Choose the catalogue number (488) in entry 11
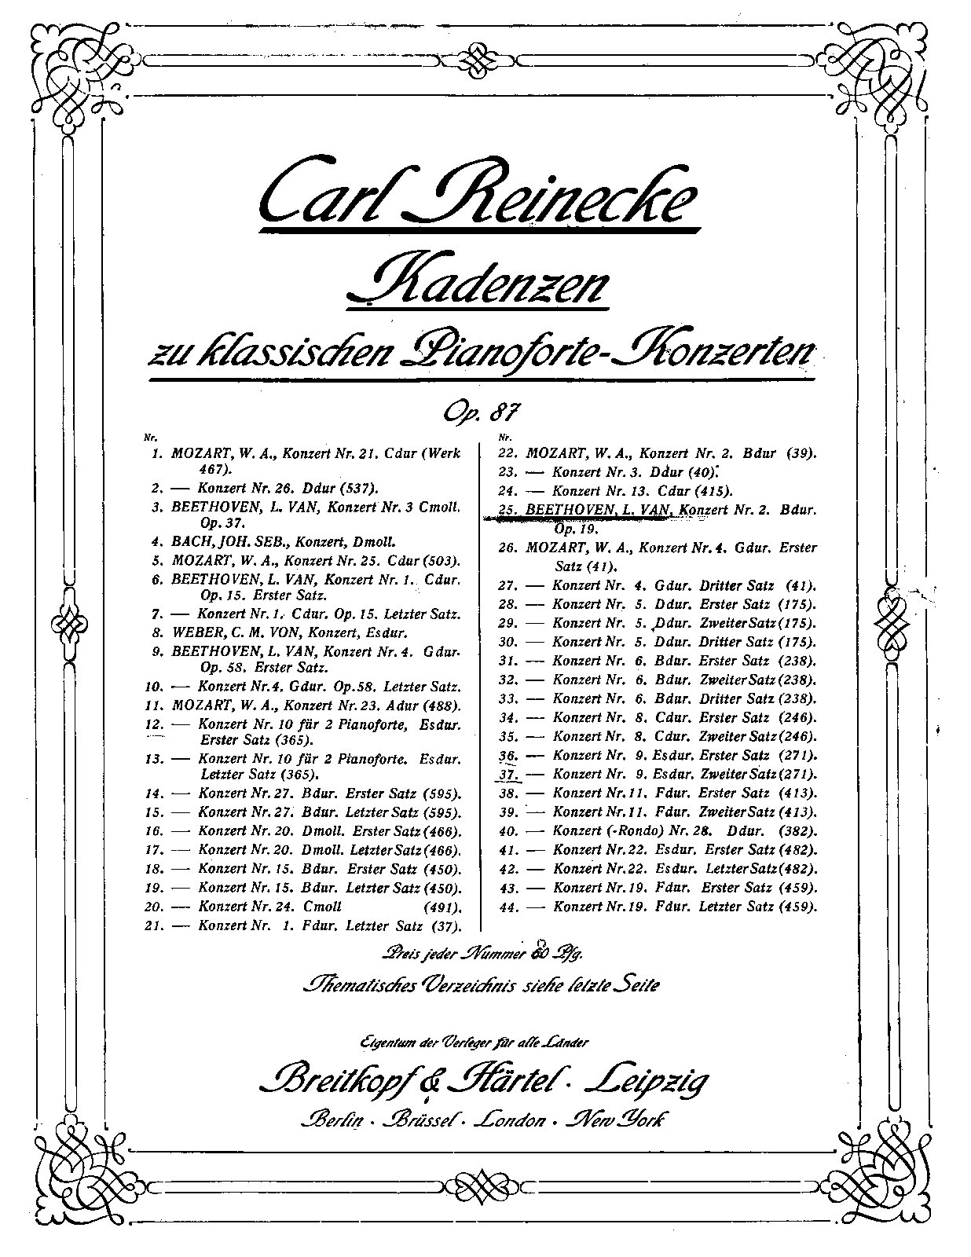coord(442,705)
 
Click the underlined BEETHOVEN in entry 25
coord(569,510)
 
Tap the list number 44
coord(508,907)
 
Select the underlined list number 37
coord(508,775)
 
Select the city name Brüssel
coord(419,1120)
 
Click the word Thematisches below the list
coord(357,984)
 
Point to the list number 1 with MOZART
coord(157,453)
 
